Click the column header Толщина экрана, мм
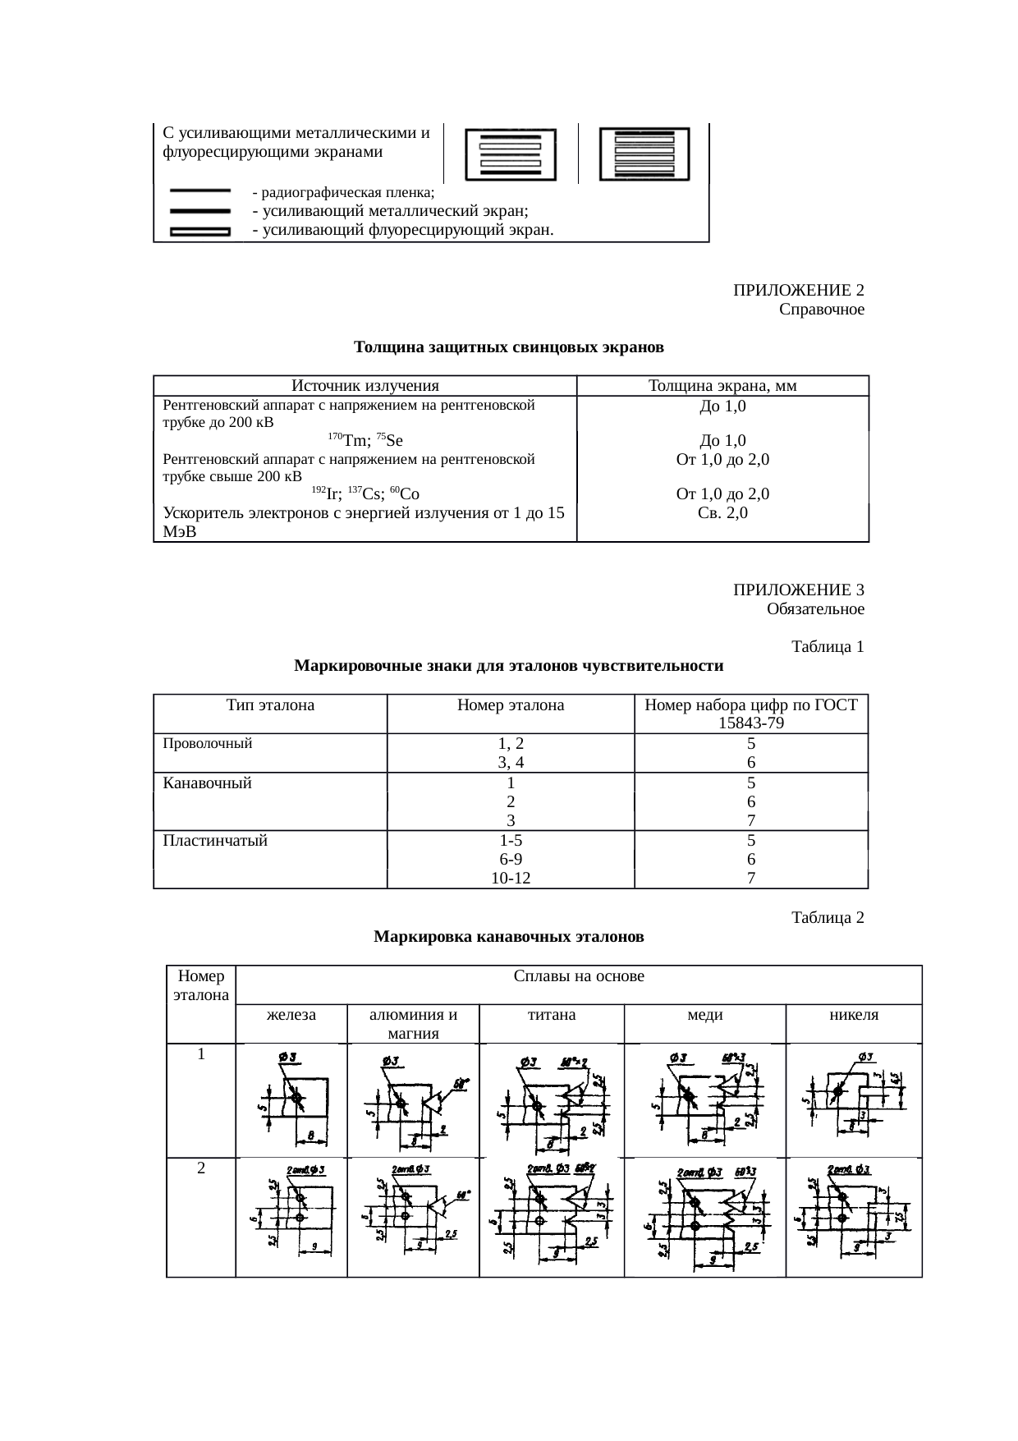coord(722,386)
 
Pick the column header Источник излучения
coord(365,386)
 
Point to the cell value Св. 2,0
coord(722,513)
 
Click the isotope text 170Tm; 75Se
coord(365,440)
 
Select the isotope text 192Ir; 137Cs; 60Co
coord(365,494)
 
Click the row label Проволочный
coord(208,744)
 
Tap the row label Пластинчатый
coord(215,841)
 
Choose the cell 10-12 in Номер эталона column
coord(511,879)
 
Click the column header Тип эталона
coord(270,705)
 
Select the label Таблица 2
coord(828,917)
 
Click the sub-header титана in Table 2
coord(551,1015)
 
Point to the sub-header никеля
coord(854,1015)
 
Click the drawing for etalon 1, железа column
coord(292,1099)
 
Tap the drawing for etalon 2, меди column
coord(704,1217)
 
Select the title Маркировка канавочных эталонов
coord(508,937)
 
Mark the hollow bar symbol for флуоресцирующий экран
coord(199,232)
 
